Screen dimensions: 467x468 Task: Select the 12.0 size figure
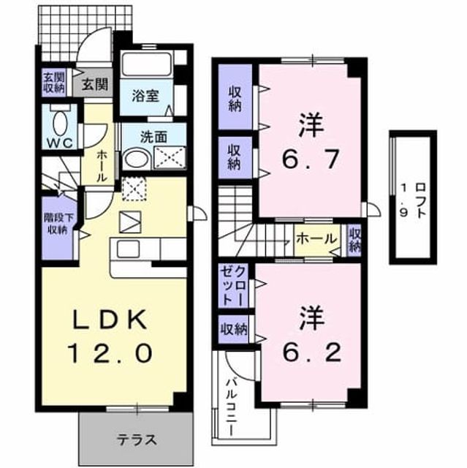pyautogui.click(x=111, y=352)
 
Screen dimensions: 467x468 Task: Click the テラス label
pyautogui.click(x=137, y=440)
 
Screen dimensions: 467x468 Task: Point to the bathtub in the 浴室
pyautogui.click(x=146, y=64)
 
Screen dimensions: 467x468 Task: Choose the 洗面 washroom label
pyautogui.click(x=153, y=137)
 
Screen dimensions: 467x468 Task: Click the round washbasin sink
pyautogui.click(x=137, y=159)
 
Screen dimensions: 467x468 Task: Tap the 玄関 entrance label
pyautogui.click(x=95, y=84)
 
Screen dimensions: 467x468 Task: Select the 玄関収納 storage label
pyautogui.click(x=53, y=83)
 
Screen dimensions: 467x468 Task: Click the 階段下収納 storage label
pyautogui.click(x=58, y=224)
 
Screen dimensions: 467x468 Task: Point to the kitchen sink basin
pyautogui.click(x=128, y=249)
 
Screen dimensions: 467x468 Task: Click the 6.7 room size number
pyautogui.click(x=311, y=159)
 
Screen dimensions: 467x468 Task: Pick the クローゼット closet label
pyautogui.click(x=233, y=285)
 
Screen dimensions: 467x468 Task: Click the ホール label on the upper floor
pyautogui.click(x=316, y=239)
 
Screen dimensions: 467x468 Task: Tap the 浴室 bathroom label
pyautogui.click(x=145, y=96)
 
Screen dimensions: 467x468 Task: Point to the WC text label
pyautogui.click(x=61, y=143)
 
